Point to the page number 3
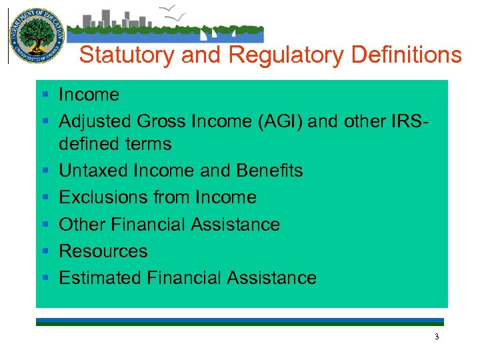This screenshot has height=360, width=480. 437,337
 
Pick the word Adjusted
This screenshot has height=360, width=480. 95,121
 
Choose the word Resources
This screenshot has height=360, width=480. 103,251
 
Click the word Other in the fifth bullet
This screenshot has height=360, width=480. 81,225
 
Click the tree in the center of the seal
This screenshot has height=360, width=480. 35,33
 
